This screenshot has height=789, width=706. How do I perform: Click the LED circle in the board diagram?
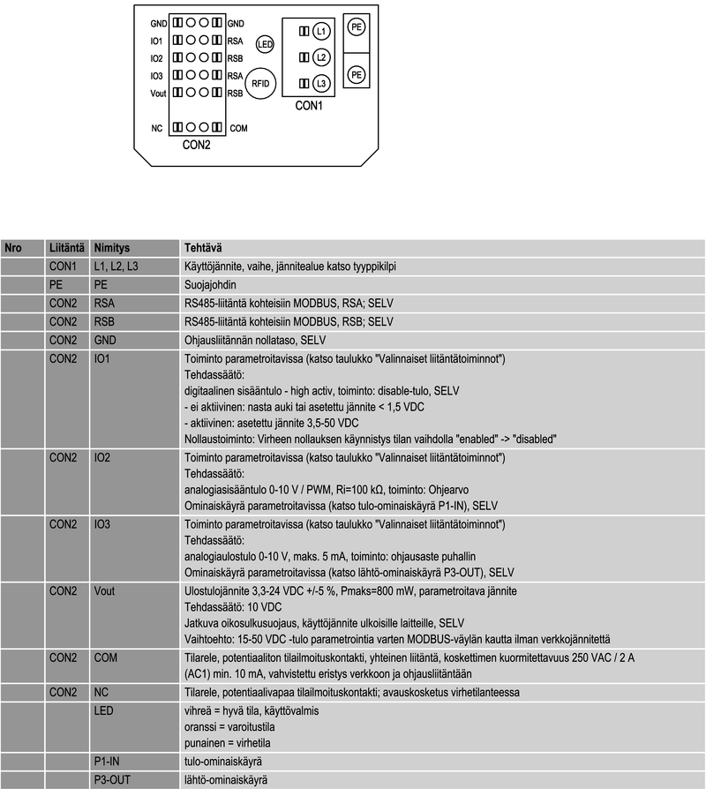(265, 43)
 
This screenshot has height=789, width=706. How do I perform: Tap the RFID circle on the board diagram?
(260, 82)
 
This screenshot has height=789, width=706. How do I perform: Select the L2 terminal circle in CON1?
(320, 57)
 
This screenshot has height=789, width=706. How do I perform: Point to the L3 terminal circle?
(320, 83)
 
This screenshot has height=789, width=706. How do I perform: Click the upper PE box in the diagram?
(357, 27)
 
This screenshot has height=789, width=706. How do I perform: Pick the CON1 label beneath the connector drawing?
(308, 106)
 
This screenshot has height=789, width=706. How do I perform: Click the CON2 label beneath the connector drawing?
(196, 145)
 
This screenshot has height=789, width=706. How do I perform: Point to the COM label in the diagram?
(238, 128)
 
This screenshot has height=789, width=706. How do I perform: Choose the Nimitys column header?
(112, 248)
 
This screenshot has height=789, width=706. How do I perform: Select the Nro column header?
(13, 248)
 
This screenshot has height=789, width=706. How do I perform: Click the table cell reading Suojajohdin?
(210, 285)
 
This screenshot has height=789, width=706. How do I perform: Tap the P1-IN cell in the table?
(107, 761)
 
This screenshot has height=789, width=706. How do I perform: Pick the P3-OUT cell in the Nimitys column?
(111, 780)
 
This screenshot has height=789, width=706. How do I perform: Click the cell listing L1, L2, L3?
(116, 267)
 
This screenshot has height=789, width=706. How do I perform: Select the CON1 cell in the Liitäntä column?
(64, 267)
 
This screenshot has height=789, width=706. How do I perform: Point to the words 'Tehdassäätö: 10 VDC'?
(233, 607)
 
